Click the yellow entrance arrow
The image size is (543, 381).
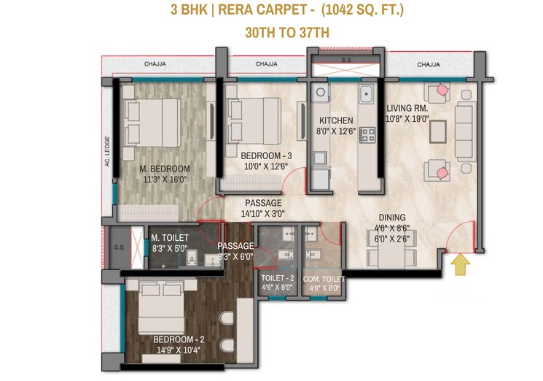pos(460,264)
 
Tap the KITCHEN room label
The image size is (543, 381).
pos(336,120)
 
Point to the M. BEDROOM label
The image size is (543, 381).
pos(165,169)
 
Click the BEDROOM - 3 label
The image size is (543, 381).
pos(266,155)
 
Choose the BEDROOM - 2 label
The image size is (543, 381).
pos(179,339)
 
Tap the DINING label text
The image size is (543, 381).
pos(392,218)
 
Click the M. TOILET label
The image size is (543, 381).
pos(170,238)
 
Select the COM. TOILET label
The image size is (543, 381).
pos(324,279)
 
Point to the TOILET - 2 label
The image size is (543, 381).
pos(278,278)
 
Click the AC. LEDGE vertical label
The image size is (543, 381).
pos(107,151)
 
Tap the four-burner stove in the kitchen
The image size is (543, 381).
pos(367,135)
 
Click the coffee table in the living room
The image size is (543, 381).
pos(438,131)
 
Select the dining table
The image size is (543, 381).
pos(391,249)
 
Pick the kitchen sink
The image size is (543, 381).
pos(366,93)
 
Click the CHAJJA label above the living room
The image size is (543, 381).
pos(429,64)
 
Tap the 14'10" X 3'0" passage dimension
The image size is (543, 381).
pos(263,214)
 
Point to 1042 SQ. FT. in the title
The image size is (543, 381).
pos(362,9)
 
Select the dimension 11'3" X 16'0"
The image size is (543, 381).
pos(165,180)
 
